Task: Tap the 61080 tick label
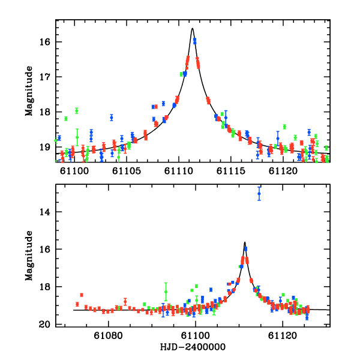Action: [110, 335]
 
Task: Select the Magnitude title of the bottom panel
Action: [28, 255]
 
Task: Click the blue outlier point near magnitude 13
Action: [259, 194]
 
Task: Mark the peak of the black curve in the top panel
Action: [192, 28]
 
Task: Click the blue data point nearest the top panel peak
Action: [194, 41]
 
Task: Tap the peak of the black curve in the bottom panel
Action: [245, 242]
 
